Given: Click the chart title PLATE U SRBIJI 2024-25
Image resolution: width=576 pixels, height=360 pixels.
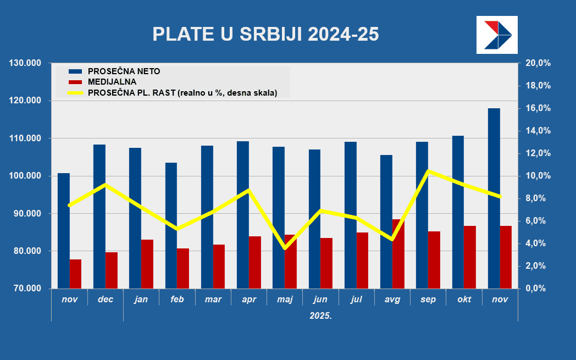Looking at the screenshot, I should coord(265,34).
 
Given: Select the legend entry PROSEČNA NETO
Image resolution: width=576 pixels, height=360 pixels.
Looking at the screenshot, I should coord(124,71).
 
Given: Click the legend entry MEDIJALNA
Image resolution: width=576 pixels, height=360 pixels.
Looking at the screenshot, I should coord(111,82).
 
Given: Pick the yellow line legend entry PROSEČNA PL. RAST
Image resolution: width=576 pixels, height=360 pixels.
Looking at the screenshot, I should coord(182,93).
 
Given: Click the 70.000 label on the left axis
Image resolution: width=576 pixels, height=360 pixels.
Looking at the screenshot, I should coord(26,289).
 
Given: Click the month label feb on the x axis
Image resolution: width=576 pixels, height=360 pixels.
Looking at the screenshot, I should coord(177,300).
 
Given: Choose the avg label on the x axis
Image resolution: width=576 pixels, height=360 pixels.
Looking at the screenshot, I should coord(392,300).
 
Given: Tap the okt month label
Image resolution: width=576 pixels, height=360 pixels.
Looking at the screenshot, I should coord(464,300).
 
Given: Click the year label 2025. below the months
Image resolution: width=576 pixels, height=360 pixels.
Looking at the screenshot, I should coord(320,316).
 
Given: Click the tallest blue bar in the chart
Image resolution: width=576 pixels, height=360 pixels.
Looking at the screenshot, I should coord(494,198).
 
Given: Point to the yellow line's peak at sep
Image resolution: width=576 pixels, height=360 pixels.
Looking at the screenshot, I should coord(428,171).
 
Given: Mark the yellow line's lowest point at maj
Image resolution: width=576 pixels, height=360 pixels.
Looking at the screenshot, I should coord(285,248).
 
